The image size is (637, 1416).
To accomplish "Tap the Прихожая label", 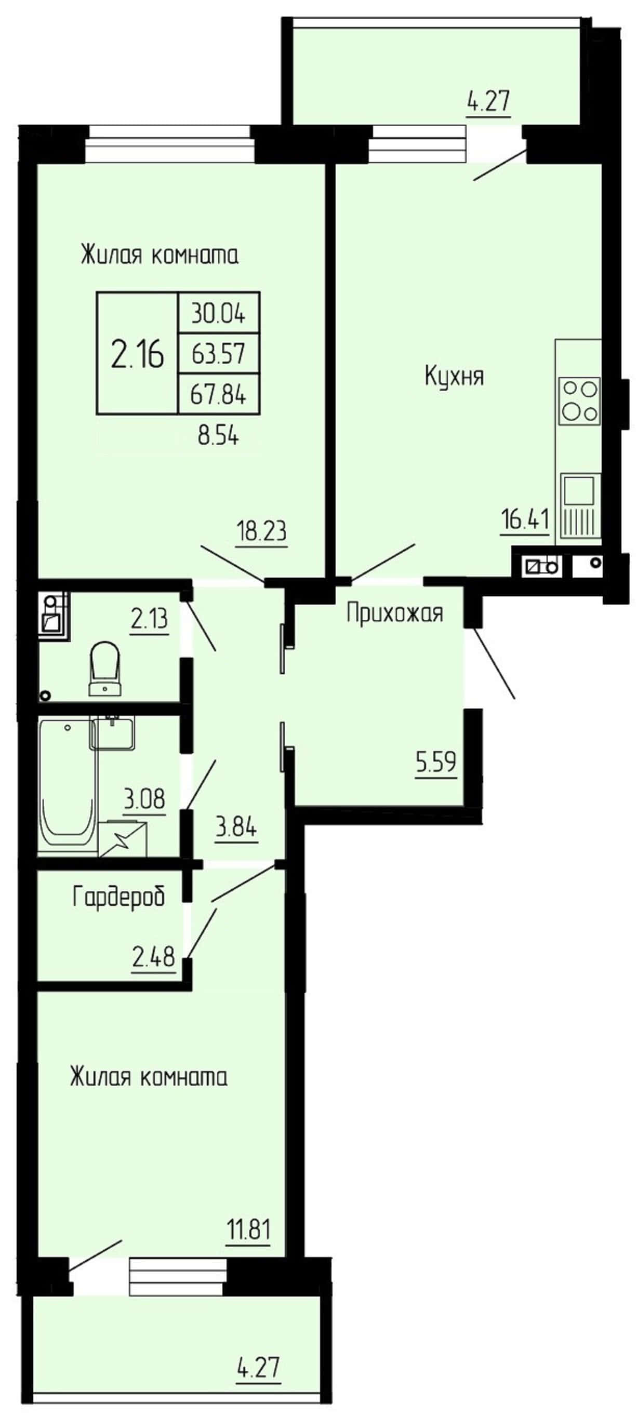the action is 395,613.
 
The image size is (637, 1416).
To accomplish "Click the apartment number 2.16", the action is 137,353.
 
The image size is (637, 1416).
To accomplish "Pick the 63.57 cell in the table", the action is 218,353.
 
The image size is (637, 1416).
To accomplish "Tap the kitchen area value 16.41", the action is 525,519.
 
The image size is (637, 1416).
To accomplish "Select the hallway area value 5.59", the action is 436,762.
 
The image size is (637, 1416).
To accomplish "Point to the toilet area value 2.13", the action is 149,620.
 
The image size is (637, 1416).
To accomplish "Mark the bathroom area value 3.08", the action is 144,799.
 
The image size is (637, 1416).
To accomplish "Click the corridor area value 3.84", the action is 236,827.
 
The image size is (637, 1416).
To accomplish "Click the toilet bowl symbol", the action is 105,669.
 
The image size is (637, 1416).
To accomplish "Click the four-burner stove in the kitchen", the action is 579,400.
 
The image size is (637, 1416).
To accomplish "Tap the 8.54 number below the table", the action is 218,436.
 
